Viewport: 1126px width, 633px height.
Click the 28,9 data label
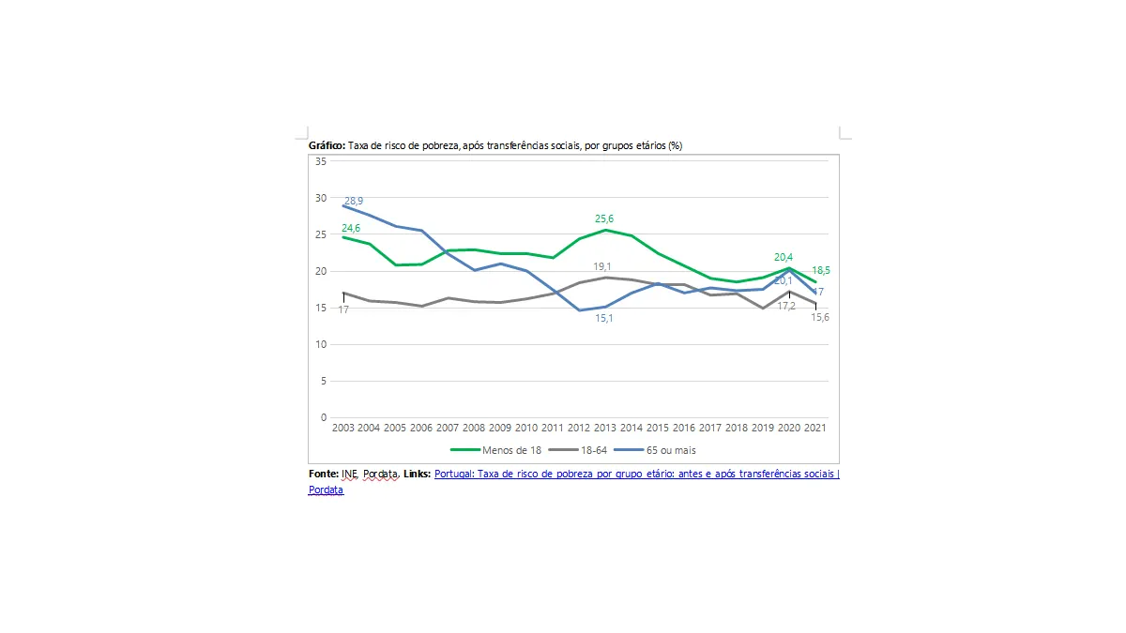point(354,202)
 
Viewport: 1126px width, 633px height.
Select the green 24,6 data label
point(352,228)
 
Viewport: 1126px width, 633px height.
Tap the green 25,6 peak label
point(604,218)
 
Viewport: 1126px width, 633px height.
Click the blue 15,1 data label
point(604,319)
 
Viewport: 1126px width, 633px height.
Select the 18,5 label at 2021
point(821,270)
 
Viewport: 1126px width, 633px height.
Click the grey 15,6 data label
point(820,317)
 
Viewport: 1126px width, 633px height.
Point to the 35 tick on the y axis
point(320,161)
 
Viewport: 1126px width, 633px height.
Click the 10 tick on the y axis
point(320,344)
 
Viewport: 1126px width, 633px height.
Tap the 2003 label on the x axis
point(343,428)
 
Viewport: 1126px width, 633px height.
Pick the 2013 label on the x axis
point(604,428)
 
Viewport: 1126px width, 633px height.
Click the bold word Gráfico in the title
point(327,146)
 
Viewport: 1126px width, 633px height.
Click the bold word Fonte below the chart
point(323,475)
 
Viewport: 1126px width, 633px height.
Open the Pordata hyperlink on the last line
point(326,490)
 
